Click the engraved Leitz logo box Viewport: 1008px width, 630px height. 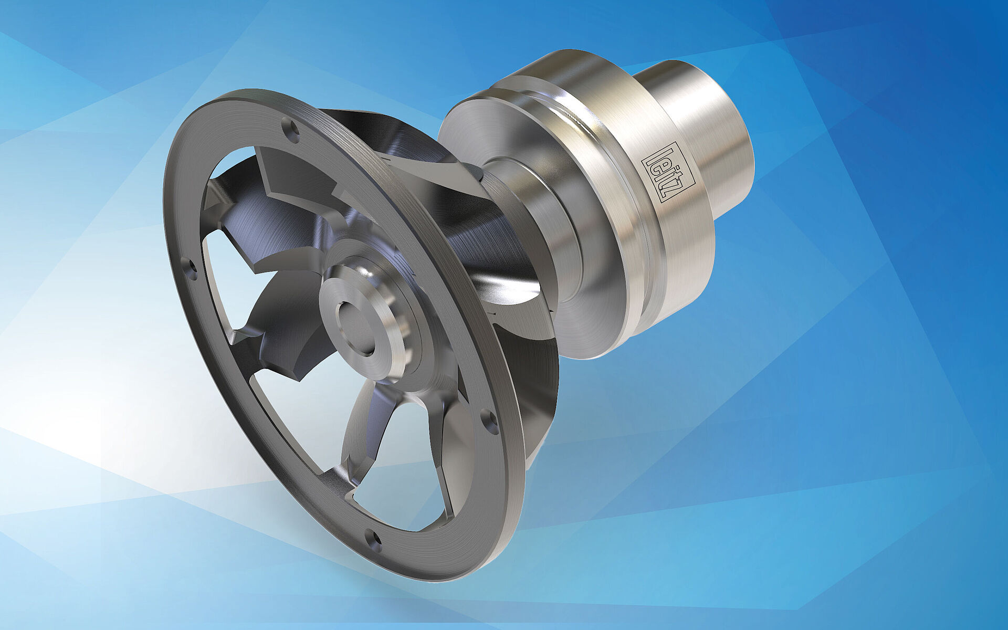coord(668,172)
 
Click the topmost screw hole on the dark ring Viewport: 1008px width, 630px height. coord(290,128)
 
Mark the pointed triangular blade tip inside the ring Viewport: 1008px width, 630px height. coord(213,199)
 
